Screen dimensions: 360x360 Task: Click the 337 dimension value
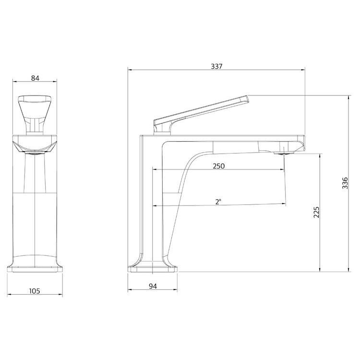[x=216, y=66]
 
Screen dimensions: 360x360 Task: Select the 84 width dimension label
[x=35, y=78]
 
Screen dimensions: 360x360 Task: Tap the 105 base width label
[x=35, y=291]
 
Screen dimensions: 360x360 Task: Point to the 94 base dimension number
[x=153, y=286]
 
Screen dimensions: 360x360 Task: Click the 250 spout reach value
[x=218, y=166]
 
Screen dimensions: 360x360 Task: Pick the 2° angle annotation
[x=218, y=202]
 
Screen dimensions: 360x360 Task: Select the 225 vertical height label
[x=316, y=212]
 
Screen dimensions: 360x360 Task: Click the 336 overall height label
[x=345, y=183]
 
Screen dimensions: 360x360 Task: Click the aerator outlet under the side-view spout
[x=284, y=152]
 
